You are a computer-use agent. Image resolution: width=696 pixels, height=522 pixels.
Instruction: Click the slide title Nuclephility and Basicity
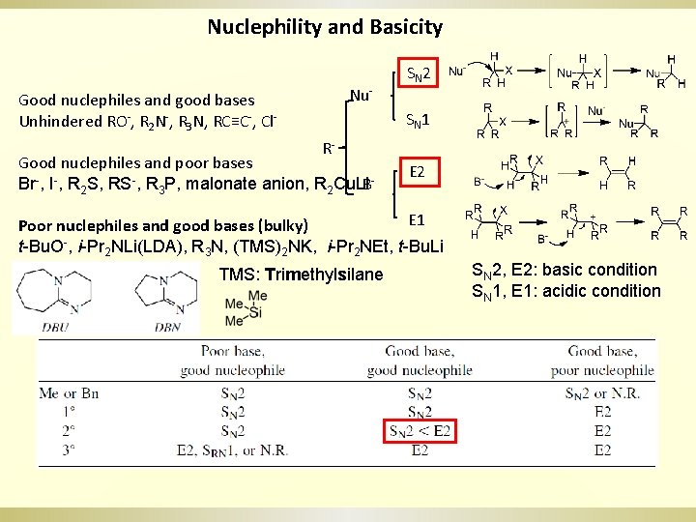325,27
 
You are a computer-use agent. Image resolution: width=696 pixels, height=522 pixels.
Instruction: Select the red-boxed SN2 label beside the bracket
420,73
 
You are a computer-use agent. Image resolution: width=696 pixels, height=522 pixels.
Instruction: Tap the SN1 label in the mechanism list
419,121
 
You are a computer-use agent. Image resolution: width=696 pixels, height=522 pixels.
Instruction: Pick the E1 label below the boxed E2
418,219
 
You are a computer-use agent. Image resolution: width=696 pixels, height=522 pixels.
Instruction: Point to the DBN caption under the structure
167,328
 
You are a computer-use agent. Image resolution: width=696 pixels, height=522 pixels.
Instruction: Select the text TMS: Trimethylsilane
301,275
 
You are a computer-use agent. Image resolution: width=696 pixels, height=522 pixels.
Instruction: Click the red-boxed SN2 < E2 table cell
420,431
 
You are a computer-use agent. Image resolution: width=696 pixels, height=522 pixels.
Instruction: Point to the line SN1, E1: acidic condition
565,291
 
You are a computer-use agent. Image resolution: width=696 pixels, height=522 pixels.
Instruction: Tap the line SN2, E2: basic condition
564,270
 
